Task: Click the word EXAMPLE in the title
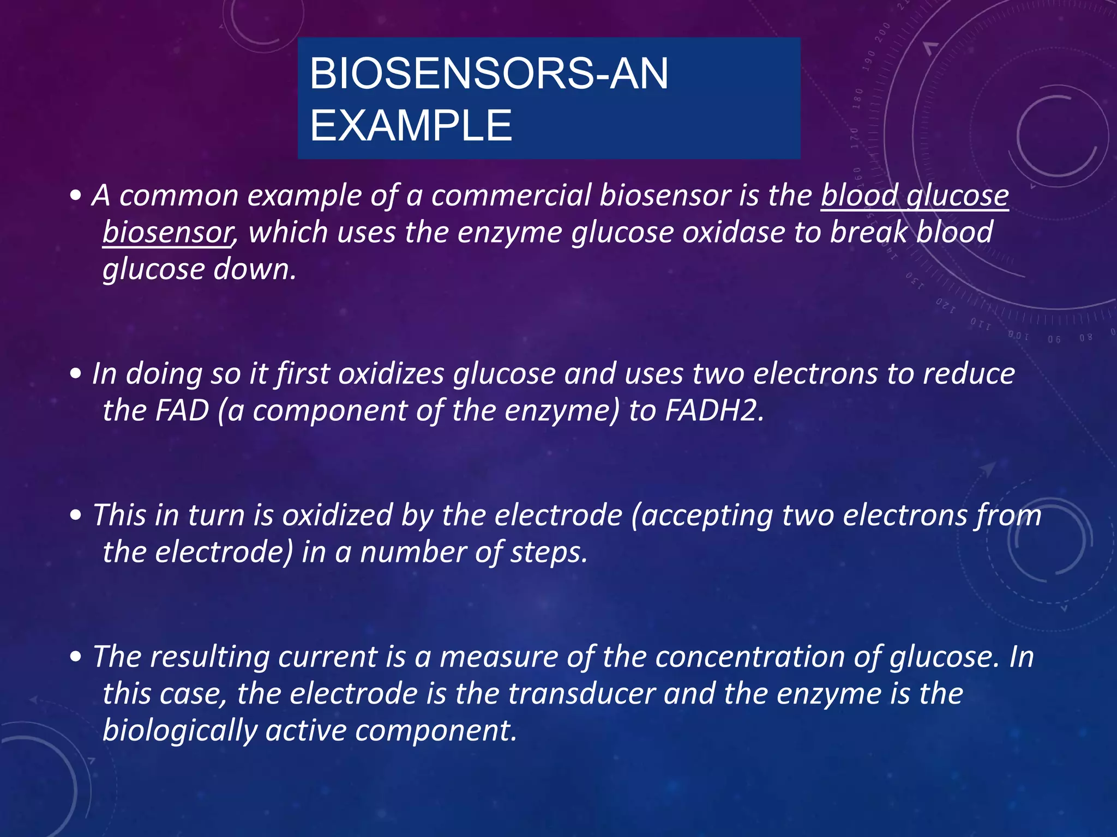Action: pyautogui.click(x=411, y=125)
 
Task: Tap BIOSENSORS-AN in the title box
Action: pyautogui.click(x=489, y=74)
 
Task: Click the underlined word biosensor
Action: pyautogui.click(x=167, y=232)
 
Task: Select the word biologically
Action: pyautogui.click(x=179, y=730)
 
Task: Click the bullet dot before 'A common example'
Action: pyautogui.click(x=76, y=196)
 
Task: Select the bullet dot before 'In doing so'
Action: pyautogui.click(x=76, y=374)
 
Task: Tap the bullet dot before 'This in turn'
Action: pyautogui.click(x=76, y=515)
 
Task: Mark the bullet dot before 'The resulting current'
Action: pyautogui.click(x=76, y=657)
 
